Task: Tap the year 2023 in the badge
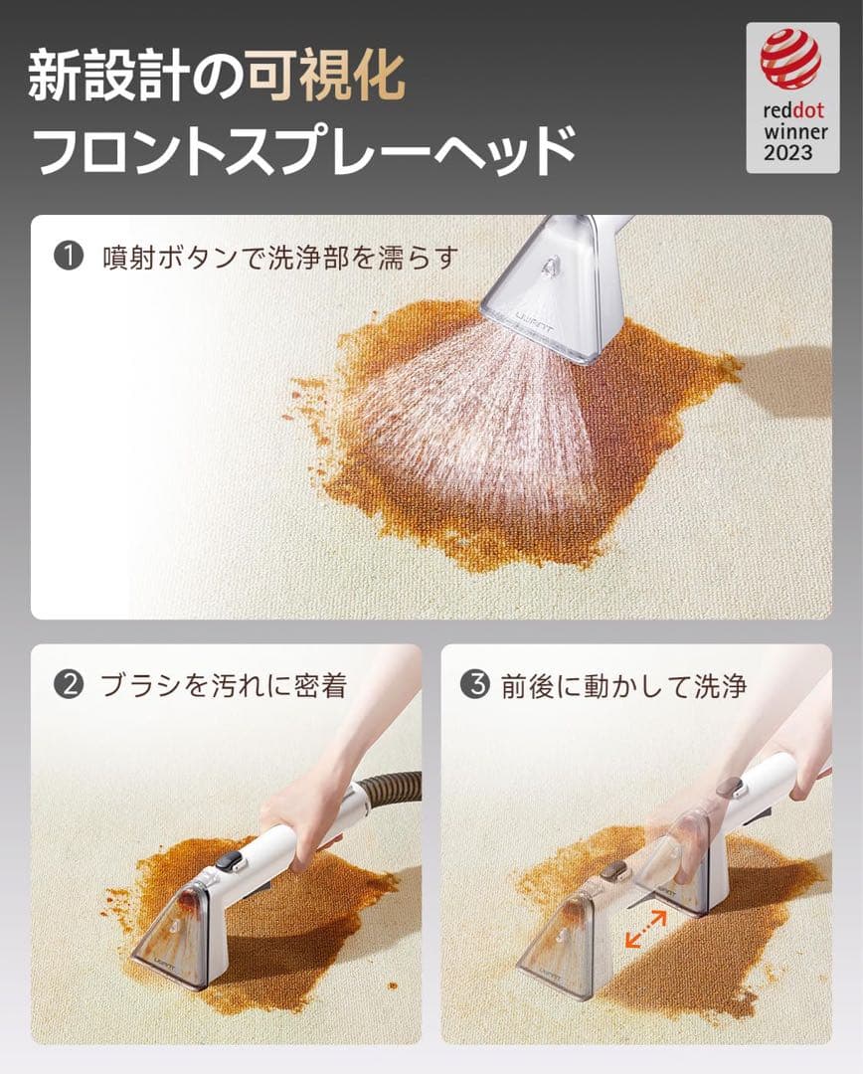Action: [788, 153]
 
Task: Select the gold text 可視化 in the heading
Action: [326, 77]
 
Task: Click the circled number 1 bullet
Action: [68, 258]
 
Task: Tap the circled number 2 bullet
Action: [67, 686]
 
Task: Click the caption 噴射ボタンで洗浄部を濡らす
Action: [280, 258]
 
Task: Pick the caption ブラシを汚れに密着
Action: [224, 686]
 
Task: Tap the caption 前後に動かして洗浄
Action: [623, 686]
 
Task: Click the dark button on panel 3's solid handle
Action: [732, 788]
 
